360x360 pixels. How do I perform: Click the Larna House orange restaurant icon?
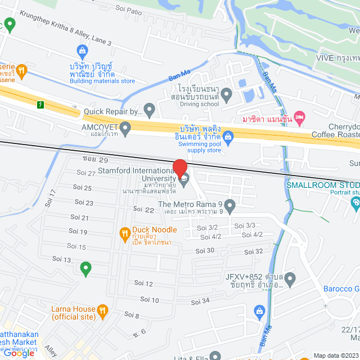click(x=102, y=309)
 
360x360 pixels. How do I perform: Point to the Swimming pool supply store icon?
click(x=228, y=136)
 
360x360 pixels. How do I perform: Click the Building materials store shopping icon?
click(x=83, y=51)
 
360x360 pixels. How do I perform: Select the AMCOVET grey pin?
click(x=125, y=128)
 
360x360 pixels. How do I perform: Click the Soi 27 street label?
click(x=84, y=173)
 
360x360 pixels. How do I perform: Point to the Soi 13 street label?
click(x=61, y=259)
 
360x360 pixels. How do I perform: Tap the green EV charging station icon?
click(x=40, y=105)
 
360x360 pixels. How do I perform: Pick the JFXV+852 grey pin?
click(x=290, y=277)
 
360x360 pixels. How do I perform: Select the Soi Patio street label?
click(x=128, y=8)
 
